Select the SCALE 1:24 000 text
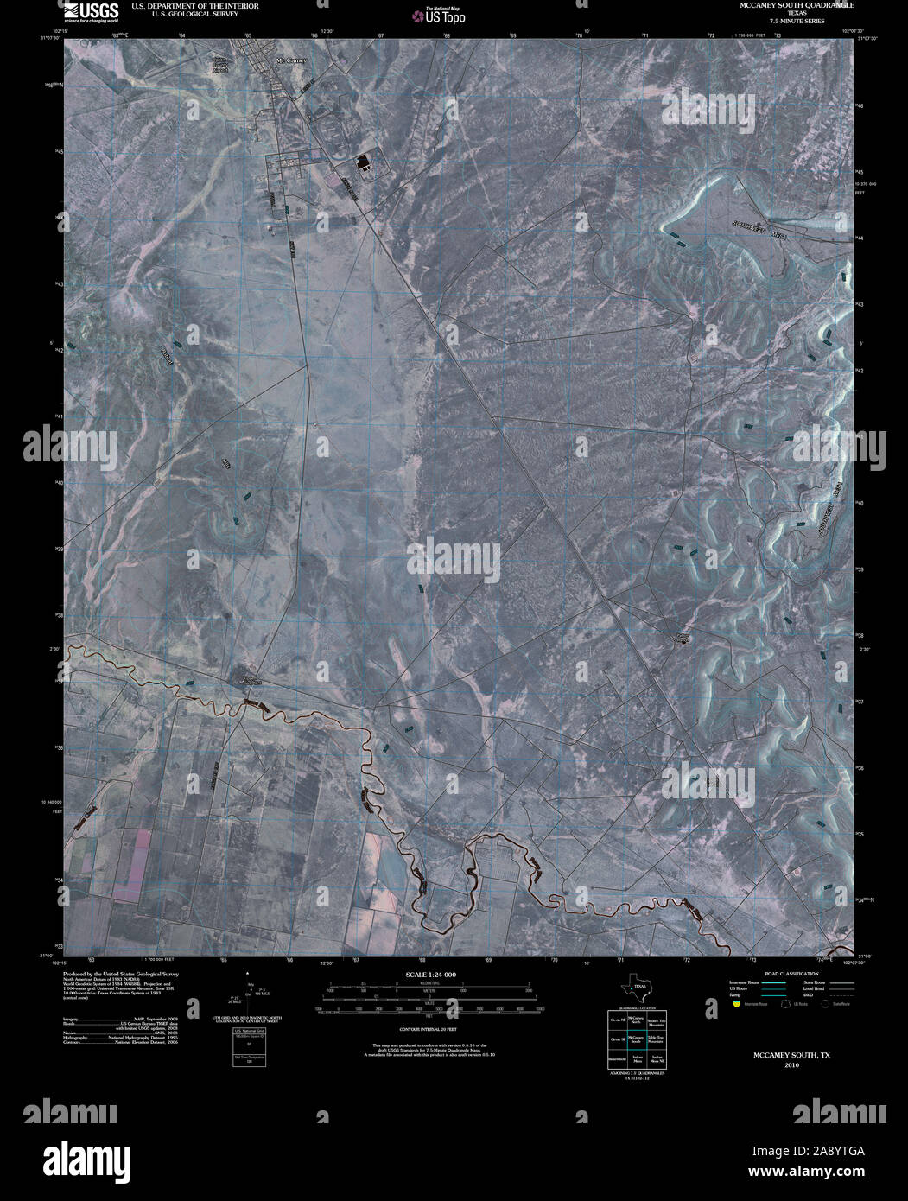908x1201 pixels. (430, 975)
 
